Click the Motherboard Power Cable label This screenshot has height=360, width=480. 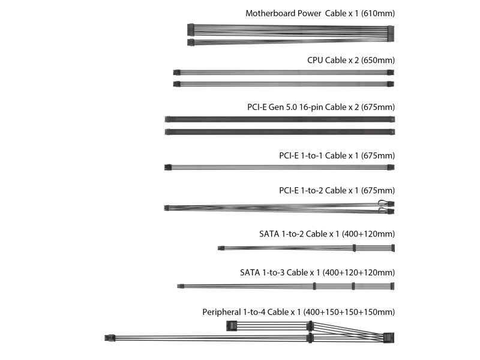pos(320,13)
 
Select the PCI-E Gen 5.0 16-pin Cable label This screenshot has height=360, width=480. pos(321,107)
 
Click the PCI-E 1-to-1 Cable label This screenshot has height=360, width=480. pos(337,155)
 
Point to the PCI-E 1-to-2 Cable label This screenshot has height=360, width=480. pos(337,190)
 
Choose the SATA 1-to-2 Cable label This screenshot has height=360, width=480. pos(327,234)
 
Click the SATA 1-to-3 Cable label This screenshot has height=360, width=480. pos(317,272)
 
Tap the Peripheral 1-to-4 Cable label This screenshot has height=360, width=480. pos(298,312)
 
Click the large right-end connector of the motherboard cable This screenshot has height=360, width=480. pos(391,34)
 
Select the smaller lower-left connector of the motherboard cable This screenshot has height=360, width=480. pos(191,42)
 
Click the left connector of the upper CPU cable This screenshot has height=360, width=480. pos(176,73)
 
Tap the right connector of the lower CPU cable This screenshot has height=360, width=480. pos(391,84)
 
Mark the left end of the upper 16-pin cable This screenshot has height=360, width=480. pos(167,119)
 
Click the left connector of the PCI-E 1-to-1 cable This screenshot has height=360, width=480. pos(168,167)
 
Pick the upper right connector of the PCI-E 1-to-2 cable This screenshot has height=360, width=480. pos(391,203)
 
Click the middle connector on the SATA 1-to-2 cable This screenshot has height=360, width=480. pos(354,248)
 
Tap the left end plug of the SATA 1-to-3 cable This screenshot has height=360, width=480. pos(181,287)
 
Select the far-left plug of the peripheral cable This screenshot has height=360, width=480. pos(110,338)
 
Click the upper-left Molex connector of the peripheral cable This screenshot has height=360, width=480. pos(232,326)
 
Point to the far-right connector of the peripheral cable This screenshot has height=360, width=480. pos(389,338)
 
